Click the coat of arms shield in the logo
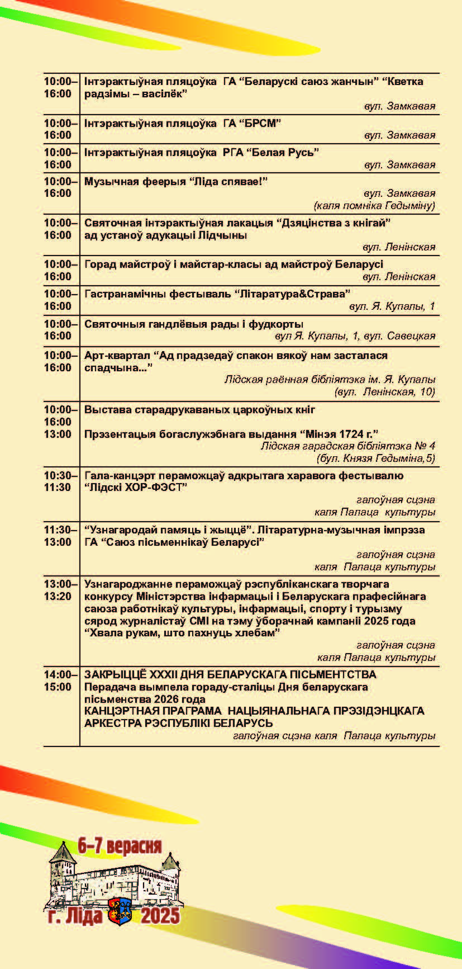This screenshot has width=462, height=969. (x=120, y=911)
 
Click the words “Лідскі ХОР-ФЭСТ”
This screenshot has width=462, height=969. (x=136, y=487)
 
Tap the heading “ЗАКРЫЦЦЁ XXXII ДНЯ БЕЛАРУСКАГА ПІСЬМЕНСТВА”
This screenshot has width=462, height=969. (x=230, y=674)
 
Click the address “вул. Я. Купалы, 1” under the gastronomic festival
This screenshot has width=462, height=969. (x=392, y=306)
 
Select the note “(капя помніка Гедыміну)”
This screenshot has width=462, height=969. (x=374, y=206)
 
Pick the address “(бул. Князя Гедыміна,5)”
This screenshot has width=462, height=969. (x=375, y=458)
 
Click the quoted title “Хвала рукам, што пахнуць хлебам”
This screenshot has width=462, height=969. (x=182, y=632)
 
